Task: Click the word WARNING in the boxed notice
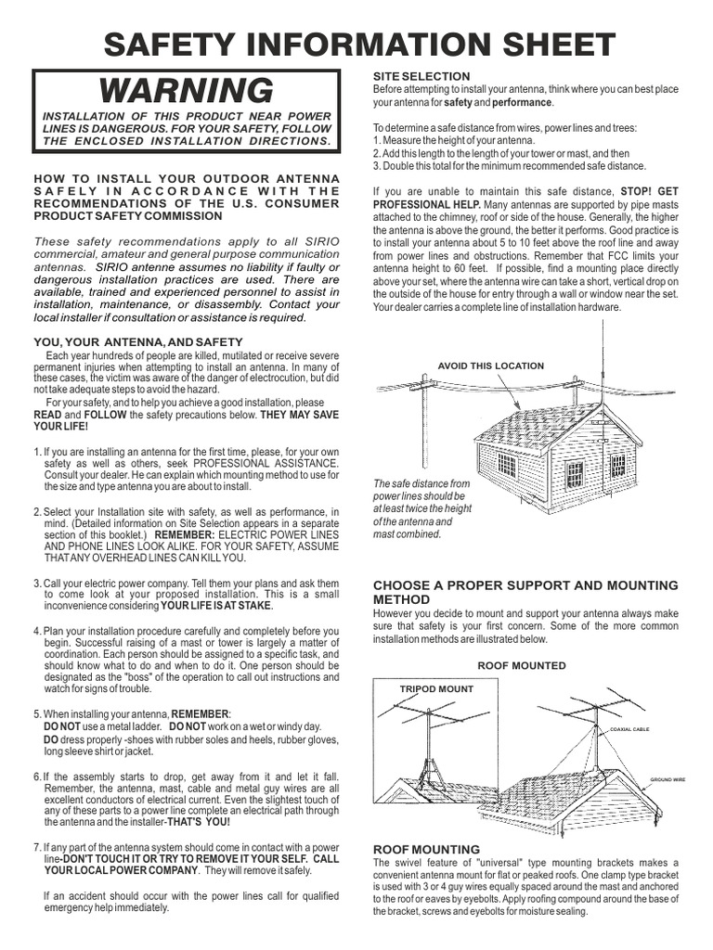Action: pyautogui.click(x=187, y=91)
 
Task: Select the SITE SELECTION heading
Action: pyautogui.click(x=421, y=75)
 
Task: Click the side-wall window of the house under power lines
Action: pyautogui.click(x=506, y=464)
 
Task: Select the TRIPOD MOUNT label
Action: pyautogui.click(x=435, y=689)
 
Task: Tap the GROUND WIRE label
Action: pyautogui.click(x=667, y=779)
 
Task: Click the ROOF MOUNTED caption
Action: pyautogui.click(x=521, y=665)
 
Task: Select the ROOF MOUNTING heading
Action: pyautogui.click(x=426, y=849)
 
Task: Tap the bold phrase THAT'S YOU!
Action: pyautogui.click(x=200, y=822)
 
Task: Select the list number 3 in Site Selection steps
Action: pyautogui.click(x=376, y=166)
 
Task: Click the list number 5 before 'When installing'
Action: pyautogui.click(x=36, y=713)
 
